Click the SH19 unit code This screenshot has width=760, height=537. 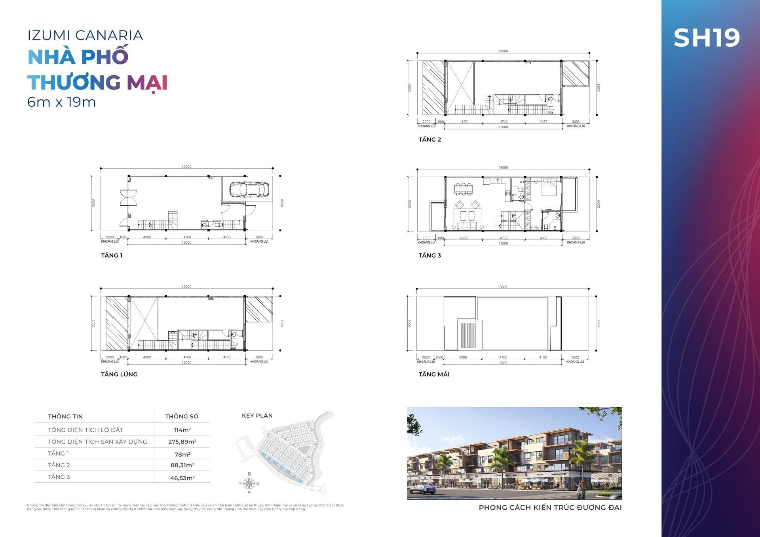click(x=707, y=38)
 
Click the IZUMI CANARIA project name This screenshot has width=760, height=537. click(x=85, y=36)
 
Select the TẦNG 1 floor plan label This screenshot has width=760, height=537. click(x=112, y=256)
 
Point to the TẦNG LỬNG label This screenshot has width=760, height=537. click(x=119, y=374)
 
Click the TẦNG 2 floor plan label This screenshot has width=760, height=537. click(x=429, y=140)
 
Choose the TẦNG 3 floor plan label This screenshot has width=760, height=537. click(x=429, y=256)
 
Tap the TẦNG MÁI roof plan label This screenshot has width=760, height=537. click(x=434, y=374)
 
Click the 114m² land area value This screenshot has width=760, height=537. click(x=182, y=430)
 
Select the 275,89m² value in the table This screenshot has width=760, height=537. click(x=182, y=442)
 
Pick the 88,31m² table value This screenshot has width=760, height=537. click(x=182, y=465)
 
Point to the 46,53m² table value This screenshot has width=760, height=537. click(x=182, y=478)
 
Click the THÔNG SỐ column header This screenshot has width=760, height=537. click(x=182, y=416)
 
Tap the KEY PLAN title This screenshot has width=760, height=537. click(x=257, y=416)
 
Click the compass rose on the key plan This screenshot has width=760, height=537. click(x=249, y=483)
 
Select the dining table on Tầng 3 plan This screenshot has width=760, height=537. click(x=463, y=189)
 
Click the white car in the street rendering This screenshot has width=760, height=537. click(x=422, y=490)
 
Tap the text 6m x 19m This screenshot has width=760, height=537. click(x=61, y=102)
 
